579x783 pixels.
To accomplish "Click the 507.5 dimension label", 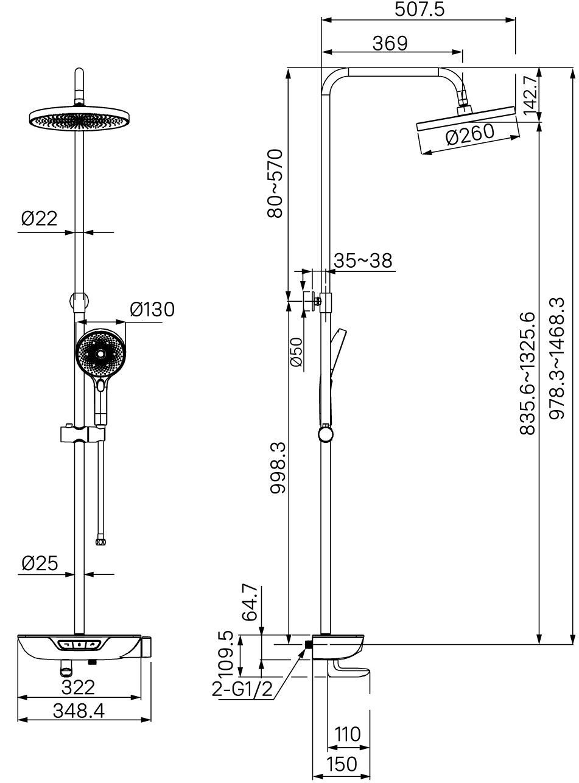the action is [x=419, y=9].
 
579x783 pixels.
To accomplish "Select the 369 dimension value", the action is [x=390, y=43].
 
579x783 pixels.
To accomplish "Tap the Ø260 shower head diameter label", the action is [x=470, y=134].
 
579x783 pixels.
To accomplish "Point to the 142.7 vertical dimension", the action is [x=531, y=95].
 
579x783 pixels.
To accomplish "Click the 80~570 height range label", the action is [x=275, y=184].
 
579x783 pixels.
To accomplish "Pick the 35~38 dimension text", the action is [x=363, y=261].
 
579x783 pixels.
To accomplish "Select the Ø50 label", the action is [x=297, y=352].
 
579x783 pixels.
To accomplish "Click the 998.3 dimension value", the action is [x=278, y=467].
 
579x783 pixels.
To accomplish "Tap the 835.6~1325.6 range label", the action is [x=528, y=373].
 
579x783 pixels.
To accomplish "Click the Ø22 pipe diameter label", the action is [x=39, y=218].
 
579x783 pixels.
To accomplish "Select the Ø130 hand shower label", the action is [x=152, y=310].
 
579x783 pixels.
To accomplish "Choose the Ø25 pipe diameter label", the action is [x=40, y=563].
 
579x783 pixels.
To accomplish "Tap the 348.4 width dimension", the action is [x=79, y=711].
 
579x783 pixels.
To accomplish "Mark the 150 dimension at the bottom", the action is [x=342, y=764].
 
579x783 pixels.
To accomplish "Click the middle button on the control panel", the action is [x=80, y=644].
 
